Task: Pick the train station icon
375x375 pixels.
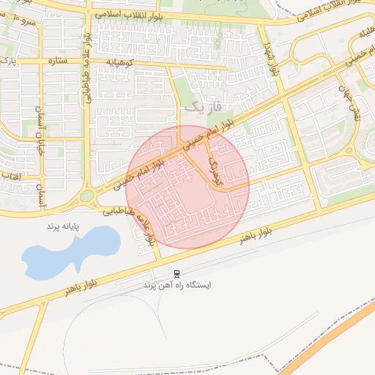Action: pyautogui.click(x=177, y=274)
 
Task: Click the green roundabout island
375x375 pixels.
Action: pyautogui.click(x=87, y=196)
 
